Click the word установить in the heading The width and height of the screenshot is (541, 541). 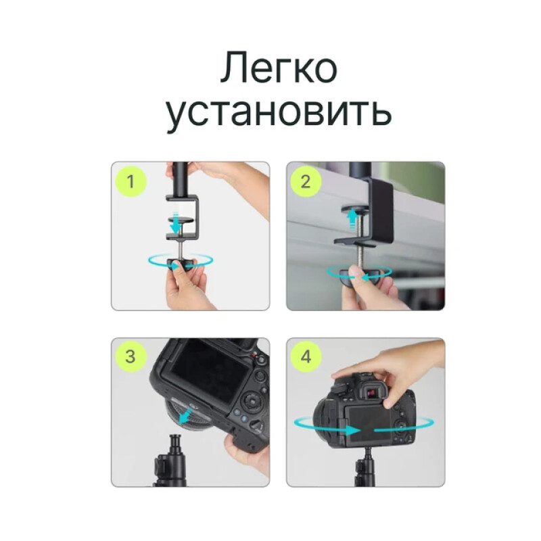278,114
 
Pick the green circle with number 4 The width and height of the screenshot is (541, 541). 306,357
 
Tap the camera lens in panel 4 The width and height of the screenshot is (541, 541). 327,423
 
